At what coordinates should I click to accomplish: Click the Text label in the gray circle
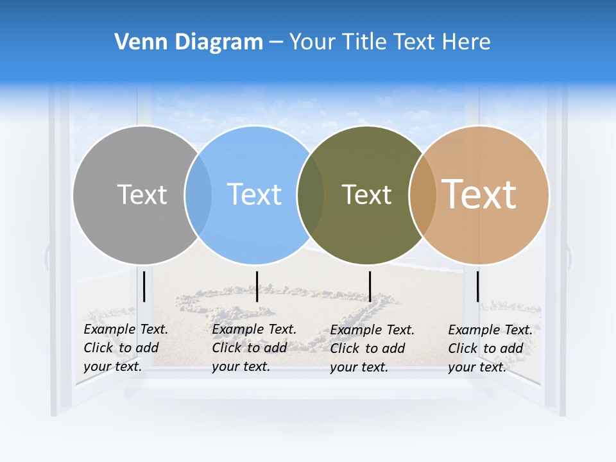142,194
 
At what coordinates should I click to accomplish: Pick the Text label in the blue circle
255,194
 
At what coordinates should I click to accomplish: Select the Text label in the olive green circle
366,194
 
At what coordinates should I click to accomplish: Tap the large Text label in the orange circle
479,194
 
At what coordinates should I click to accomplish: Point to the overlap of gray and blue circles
198,195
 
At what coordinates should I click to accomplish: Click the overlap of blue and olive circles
311,195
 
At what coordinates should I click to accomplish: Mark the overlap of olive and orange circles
422,195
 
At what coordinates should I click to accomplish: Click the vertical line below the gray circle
144,286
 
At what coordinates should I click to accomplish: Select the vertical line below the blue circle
257,286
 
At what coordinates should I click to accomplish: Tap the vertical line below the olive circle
370,286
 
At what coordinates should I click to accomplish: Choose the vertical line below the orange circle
478,286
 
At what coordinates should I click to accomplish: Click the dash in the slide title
276,43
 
